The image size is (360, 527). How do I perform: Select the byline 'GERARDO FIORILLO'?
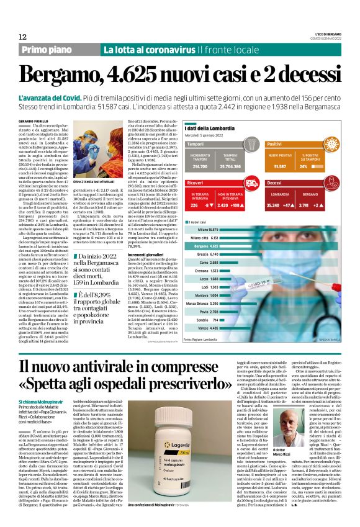pos(33,120)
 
